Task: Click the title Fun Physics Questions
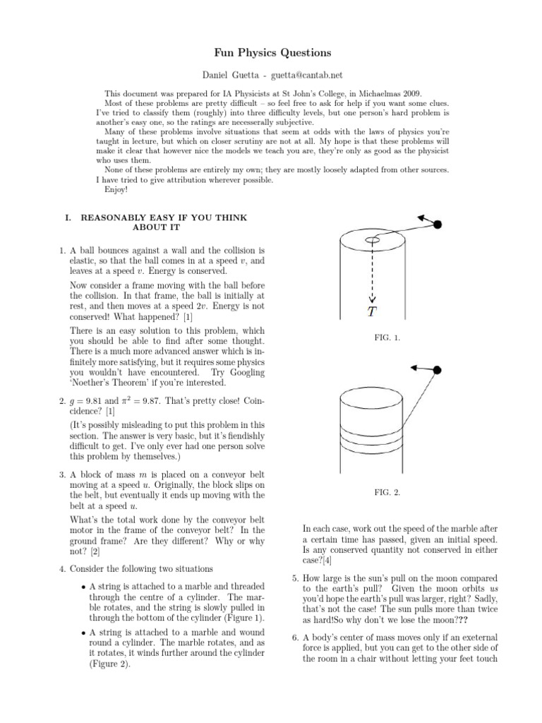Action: coord(272,53)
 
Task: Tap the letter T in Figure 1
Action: coord(372,311)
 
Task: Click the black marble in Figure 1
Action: coord(438,225)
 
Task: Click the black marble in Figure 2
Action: coord(437,370)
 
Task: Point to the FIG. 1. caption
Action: coord(387,338)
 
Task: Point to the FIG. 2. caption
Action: coord(387,493)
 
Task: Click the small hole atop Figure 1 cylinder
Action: coord(372,241)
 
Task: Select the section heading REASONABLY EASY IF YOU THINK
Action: coord(164,217)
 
